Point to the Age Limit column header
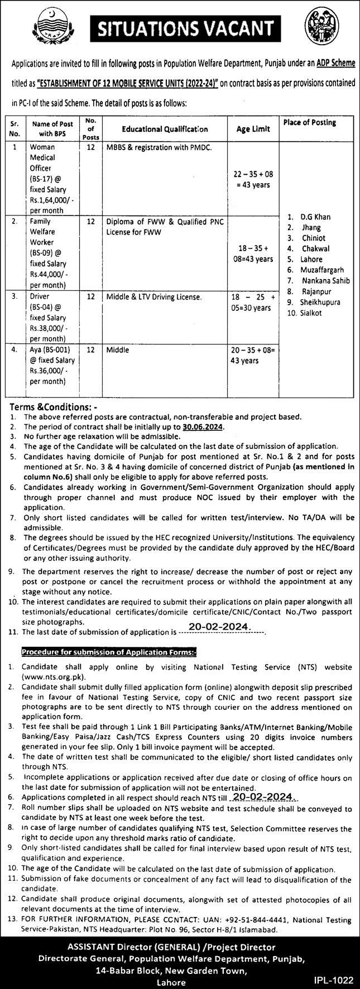pos(253,129)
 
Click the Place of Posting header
pos(310,122)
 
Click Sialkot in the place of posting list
pos(311,313)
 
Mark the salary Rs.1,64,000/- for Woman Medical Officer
pos(50,200)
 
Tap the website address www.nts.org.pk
pos(49,676)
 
